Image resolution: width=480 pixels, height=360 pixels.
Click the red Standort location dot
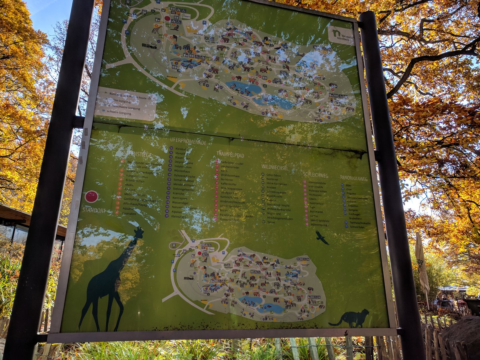[91, 197]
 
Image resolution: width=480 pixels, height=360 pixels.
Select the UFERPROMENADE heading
[188, 141]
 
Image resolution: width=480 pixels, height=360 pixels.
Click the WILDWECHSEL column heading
[274, 167]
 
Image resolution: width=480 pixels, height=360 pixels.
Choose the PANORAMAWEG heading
[354, 179]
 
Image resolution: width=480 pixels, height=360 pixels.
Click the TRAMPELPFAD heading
[230, 154]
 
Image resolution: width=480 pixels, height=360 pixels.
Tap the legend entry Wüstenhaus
[182, 171]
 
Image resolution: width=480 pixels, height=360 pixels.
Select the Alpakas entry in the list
[177, 212]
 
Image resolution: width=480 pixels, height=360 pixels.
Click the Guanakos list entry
[129, 214]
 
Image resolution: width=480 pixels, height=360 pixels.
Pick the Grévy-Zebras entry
[273, 175]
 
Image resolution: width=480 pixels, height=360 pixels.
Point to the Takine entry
[271, 222]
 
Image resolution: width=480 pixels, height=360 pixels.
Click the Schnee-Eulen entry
[357, 227]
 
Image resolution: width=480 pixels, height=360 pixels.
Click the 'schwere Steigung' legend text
[119, 113]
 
